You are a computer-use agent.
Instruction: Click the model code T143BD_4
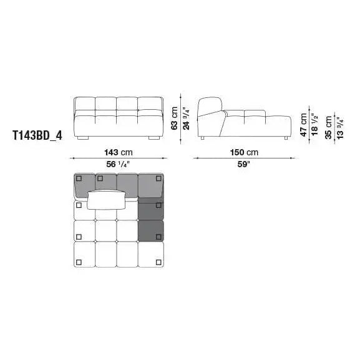click(37, 135)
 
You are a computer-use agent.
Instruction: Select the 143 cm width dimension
click(119, 152)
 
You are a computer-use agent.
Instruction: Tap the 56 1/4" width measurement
click(119, 164)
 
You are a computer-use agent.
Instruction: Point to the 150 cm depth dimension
click(244, 152)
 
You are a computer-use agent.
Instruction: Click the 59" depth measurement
click(243, 164)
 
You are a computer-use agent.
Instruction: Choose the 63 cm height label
click(175, 119)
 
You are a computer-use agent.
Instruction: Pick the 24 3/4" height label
click(186, 119)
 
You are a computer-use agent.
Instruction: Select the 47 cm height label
click(304, 125)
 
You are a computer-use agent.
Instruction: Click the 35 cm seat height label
click(329, 127)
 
